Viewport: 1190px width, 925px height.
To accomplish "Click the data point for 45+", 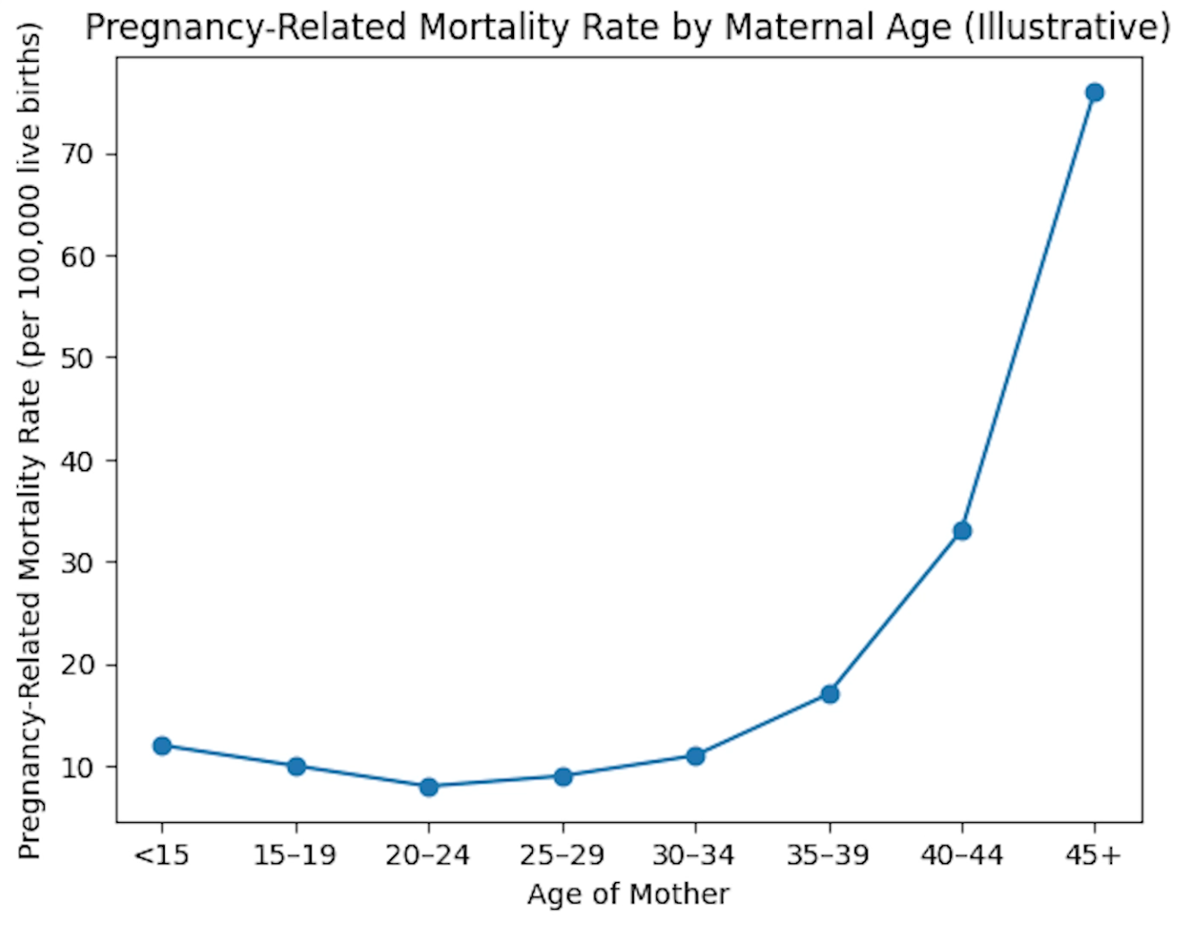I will click(x=1093, y=92).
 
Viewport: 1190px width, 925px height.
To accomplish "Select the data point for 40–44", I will click(x=962, y=531).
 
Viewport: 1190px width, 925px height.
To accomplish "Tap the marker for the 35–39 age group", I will click(x=829, y=694).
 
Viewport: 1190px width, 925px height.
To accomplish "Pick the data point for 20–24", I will click(x=429, y=786).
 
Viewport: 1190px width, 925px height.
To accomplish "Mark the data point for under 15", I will click(x=162, y=745).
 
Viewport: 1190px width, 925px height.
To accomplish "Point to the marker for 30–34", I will click(x=695, y=756).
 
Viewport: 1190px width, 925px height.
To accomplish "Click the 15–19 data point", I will click(x=296, y=766).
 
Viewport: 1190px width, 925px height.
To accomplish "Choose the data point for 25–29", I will click(x=562, y=776).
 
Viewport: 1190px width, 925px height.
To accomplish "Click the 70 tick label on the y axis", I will click(x=77, y=154).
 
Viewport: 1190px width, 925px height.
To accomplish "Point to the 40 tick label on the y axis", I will click(x=77, y=460).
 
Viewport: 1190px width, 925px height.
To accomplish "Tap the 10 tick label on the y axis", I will click(x=77, y=767).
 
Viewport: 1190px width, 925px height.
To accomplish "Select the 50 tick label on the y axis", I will click(x=77, y=358).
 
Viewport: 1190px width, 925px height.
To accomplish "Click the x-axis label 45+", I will click(x=1093, y=855).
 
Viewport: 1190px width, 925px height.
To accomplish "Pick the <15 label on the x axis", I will click(x=162, y=855).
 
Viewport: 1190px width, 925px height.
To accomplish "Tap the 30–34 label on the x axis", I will click(x=694, y=855).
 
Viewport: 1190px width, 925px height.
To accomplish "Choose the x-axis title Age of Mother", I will click(x=628, y=894).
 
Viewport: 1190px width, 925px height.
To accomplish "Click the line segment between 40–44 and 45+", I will click(x=1028, y=312).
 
